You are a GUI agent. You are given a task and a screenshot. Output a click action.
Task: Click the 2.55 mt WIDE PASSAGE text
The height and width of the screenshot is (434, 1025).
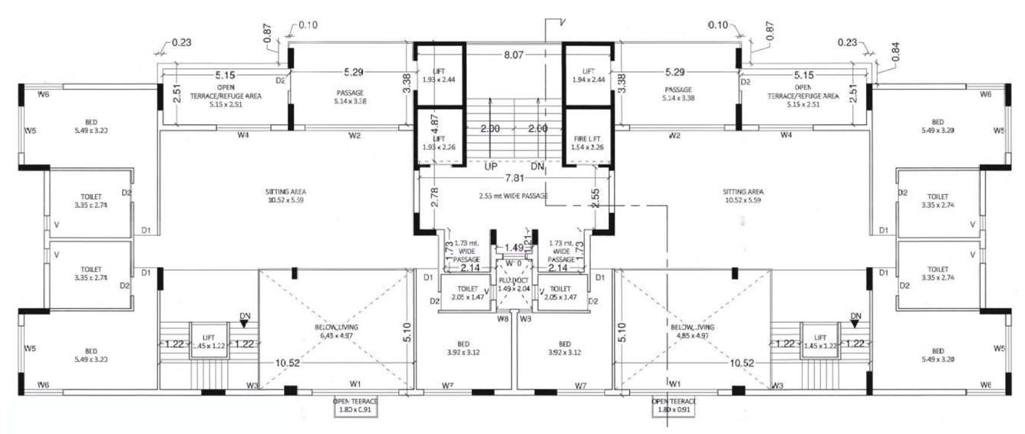click(513, 196)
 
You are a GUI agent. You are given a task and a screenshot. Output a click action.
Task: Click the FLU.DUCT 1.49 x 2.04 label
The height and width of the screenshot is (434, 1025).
click(514, 284)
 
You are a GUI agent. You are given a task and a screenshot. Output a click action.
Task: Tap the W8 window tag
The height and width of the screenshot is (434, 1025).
click(503, 317)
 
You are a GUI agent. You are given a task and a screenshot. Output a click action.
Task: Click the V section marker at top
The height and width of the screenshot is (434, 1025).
click(562, 22)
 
